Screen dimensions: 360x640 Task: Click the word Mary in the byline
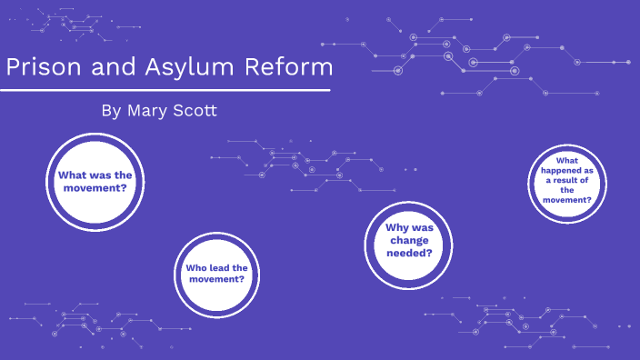click(147, 111)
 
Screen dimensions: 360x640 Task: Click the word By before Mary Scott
click(110, 111)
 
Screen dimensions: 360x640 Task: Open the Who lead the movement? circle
click(216, 273)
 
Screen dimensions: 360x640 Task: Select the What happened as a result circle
click(566, 182)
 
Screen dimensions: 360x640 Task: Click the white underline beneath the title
click(164, 91)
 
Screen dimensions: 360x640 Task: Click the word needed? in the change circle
click(409, 253)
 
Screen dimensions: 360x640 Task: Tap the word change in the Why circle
click(409, 240)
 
